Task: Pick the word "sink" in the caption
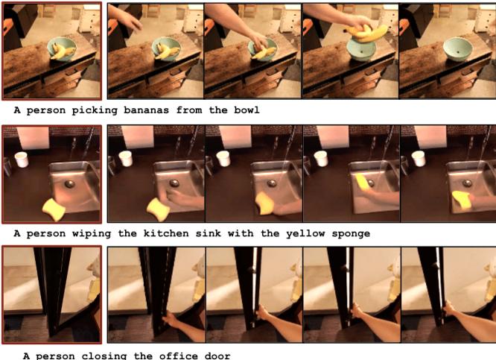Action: click(217, 233)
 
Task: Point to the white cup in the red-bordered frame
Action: click(22, 160)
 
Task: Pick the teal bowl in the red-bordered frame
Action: click(61, 50)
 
